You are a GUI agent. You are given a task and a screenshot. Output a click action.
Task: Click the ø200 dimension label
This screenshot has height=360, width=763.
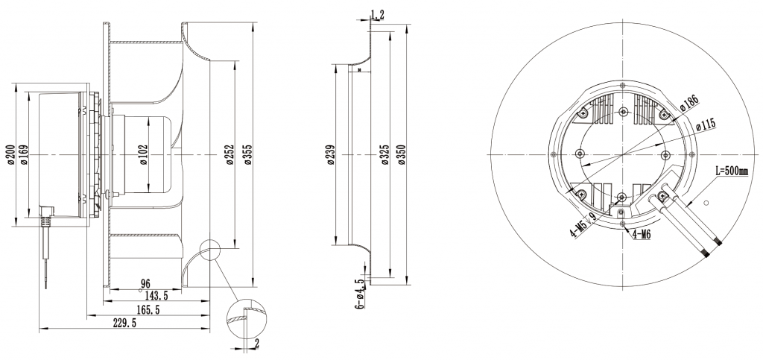click(x=11, y=155)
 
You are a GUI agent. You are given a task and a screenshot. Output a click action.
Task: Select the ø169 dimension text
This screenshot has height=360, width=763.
click(x=23, y=155)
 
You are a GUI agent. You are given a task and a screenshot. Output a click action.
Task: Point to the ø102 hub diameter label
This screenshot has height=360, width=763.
click(x=144, y=154)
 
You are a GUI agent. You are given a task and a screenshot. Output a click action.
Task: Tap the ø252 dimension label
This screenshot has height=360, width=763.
click(x=229, y=154)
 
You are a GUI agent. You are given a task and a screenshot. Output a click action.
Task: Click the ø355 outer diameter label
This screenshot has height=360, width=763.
click(x=249, y=154)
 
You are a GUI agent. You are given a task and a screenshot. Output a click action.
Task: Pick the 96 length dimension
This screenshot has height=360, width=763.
click(x=147, y=284)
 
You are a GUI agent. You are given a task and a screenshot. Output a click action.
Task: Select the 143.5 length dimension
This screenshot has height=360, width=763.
click(x=154, y=296)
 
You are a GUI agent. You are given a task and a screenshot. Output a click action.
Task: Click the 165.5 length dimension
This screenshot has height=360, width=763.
click(x=148, y=309)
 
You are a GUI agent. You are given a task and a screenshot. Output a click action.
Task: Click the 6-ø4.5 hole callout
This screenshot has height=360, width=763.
click(x=359, y=294)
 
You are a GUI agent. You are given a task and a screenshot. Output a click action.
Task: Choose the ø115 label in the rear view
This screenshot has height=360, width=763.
click(x=705, y=125)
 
